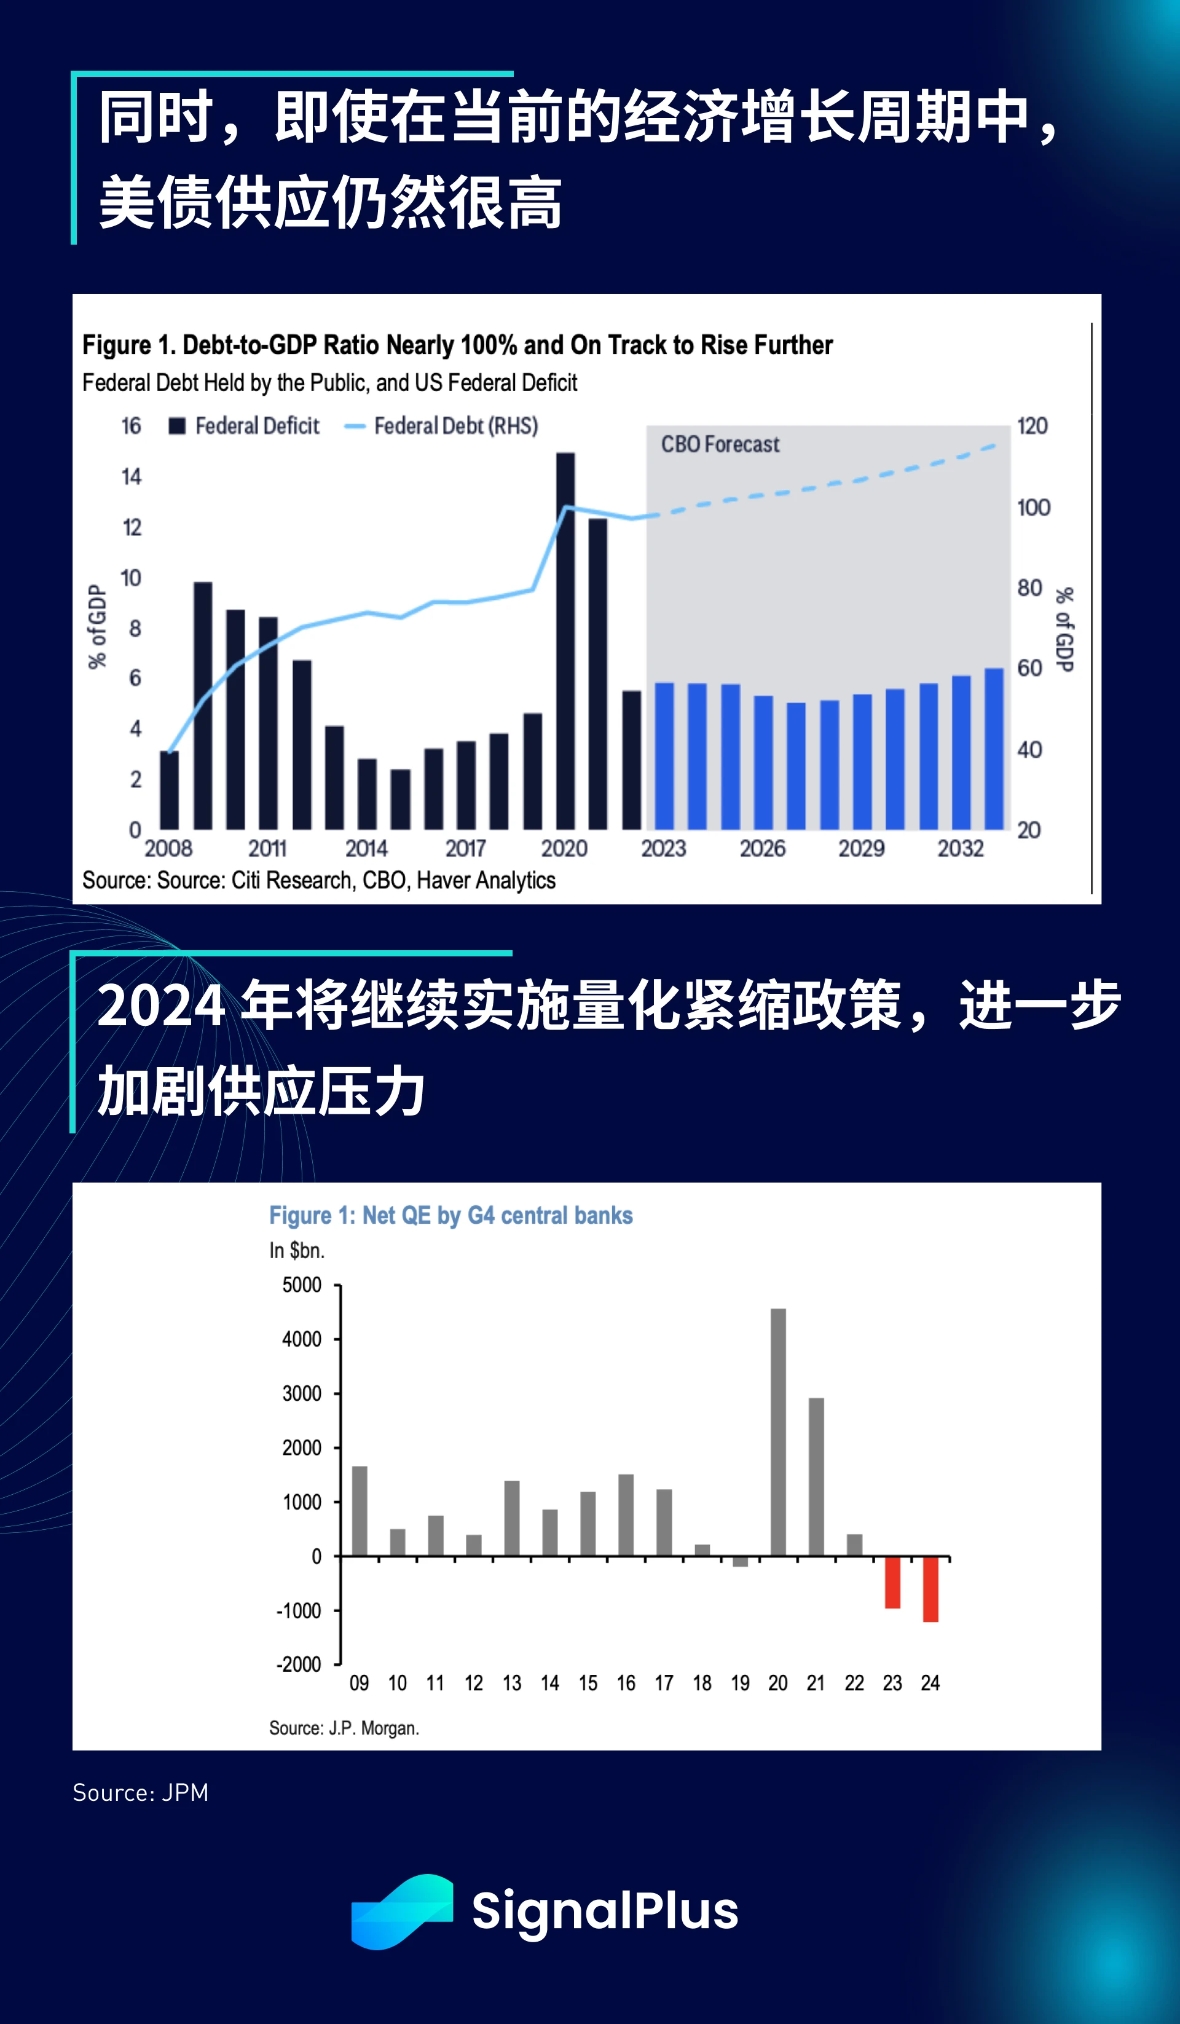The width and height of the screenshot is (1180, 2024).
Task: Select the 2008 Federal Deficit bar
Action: click(x=170, y=790)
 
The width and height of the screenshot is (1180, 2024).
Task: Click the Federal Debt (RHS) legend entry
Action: click(x=442, y=426)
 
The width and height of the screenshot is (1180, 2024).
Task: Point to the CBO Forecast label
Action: click(x=720, y=444)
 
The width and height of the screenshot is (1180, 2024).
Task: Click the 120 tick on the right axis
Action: click(x=1032, y=426)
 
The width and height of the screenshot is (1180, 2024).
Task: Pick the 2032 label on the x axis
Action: click(x=960, y=848)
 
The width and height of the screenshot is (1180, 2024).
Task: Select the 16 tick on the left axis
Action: click(x=131, y=426)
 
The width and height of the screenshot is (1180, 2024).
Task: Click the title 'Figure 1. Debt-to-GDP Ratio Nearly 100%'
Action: click(x=457, y=345)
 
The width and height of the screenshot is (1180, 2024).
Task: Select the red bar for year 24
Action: click(x=930, y=1589)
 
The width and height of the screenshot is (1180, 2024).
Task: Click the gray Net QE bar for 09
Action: click(x=359, y=1511)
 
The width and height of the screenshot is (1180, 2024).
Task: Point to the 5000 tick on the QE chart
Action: click(x=302, y=1285)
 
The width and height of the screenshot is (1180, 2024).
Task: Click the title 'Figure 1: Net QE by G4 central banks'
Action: click(x=450, y=1215)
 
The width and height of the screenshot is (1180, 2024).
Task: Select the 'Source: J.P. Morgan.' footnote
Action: click(x=344, y=1728)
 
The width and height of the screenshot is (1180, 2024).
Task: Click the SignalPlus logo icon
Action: click(x=402, y=1911)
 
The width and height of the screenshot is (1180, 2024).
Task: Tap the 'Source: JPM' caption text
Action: click(x=141, y=1793)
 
